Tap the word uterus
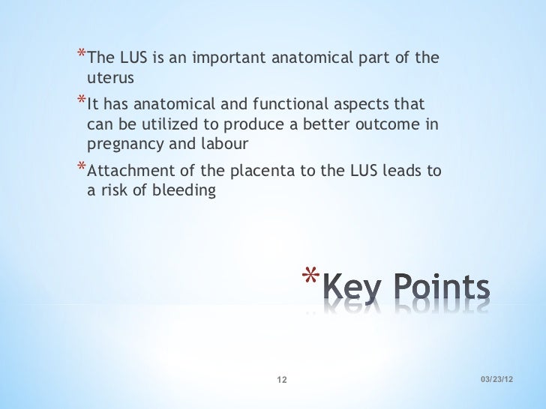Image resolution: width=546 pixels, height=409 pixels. point(109,77)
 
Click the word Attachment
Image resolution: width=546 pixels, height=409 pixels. point(126,172)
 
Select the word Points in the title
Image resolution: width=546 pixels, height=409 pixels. point(440,288)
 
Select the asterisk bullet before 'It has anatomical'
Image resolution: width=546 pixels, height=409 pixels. point(80,100)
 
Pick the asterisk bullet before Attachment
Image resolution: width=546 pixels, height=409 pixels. point(80,168)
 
